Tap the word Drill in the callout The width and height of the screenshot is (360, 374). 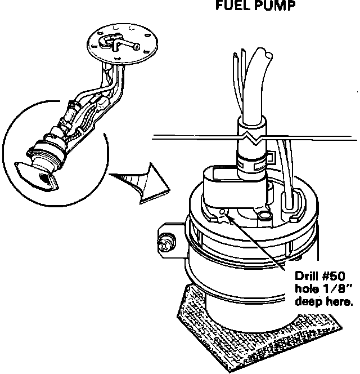(308, 277)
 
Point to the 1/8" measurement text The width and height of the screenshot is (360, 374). (334, 289)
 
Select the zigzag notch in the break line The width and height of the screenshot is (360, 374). (249, 136)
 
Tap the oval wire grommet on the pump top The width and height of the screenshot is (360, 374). (292, 199)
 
